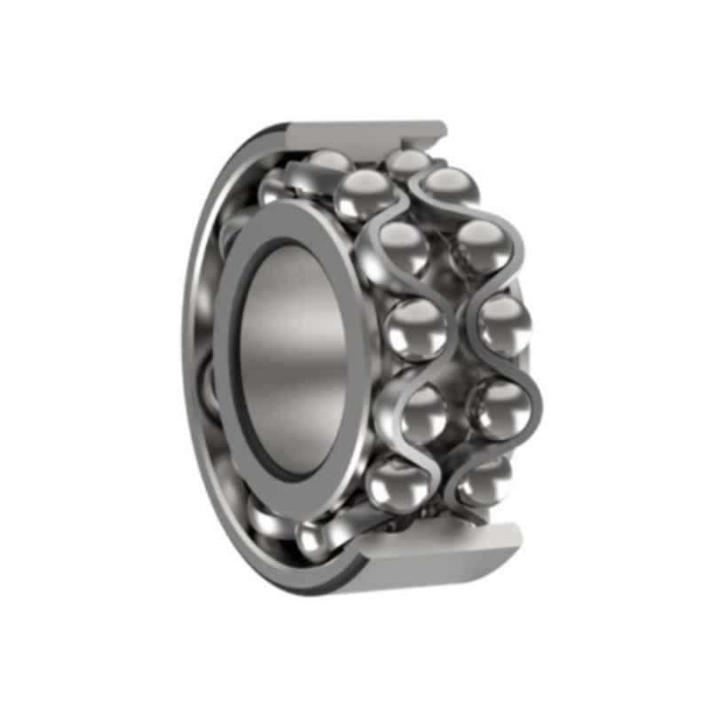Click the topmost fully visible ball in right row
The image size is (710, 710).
(x=450, y=188)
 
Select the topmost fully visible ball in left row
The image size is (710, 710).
(x=363, y=195)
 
